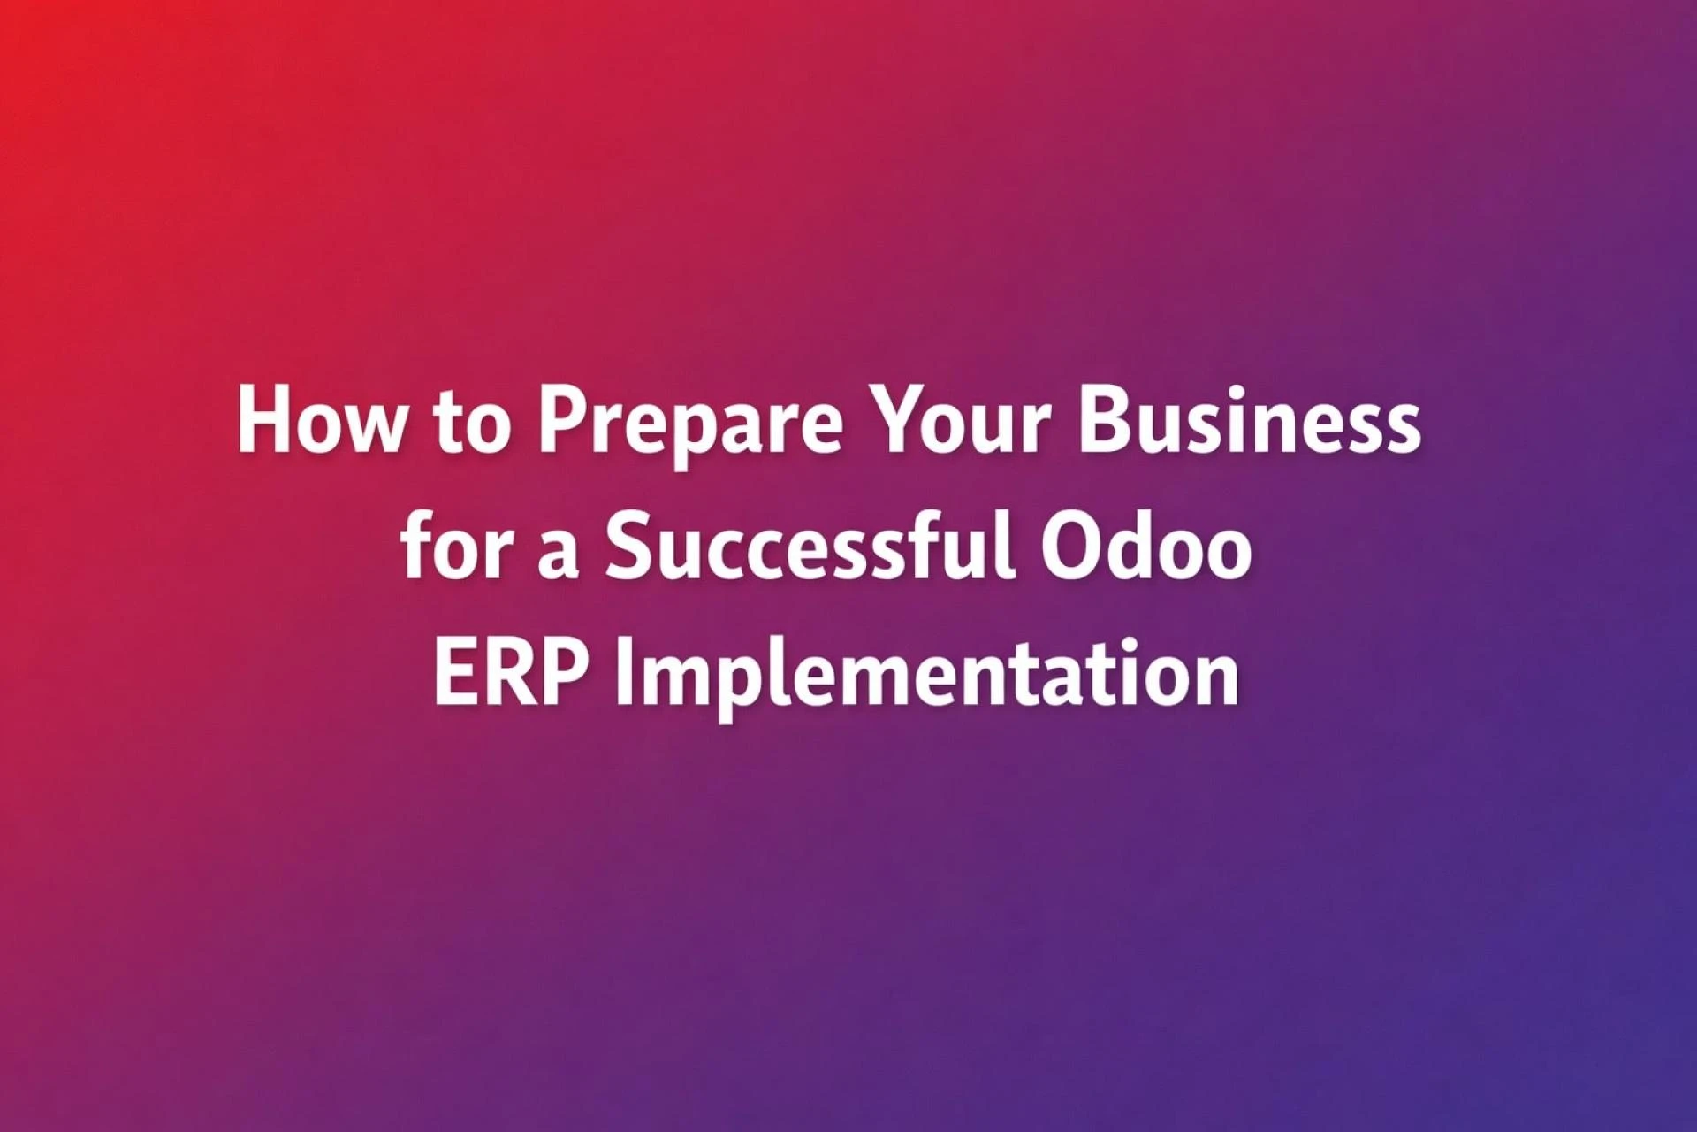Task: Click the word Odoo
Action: click(1145, 548)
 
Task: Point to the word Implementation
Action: click(927, 677)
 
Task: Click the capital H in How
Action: click(263, 422)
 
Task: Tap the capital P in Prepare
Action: click(563, 422)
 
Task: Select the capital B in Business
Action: click(1104, 422)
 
